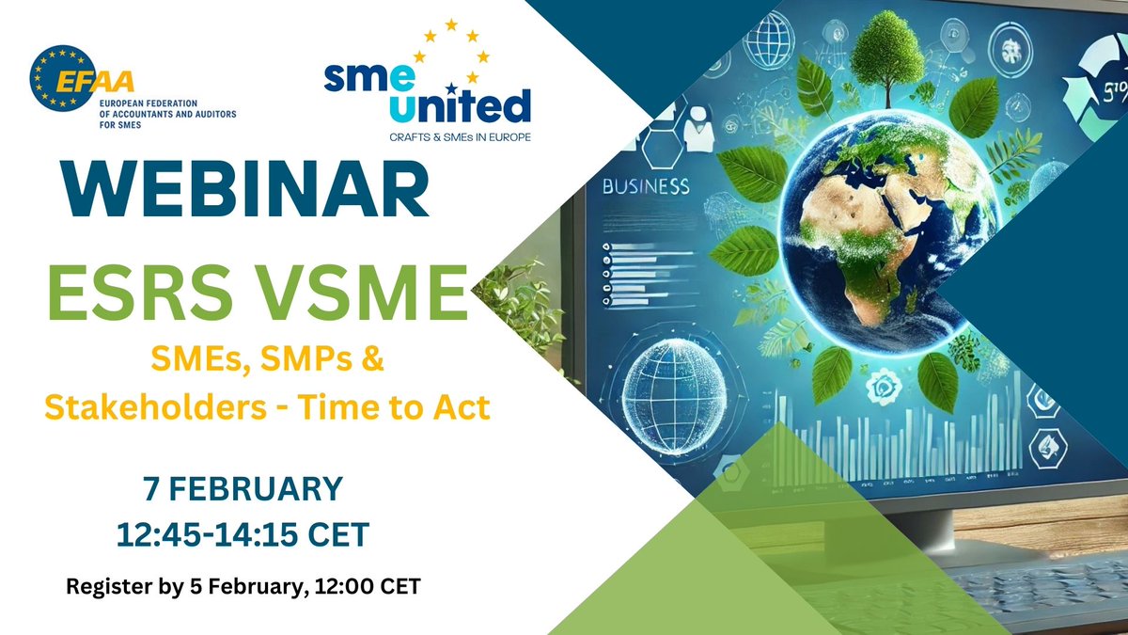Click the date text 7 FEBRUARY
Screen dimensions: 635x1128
(242, 489)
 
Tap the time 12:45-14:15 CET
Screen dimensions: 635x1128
(242, 534)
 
